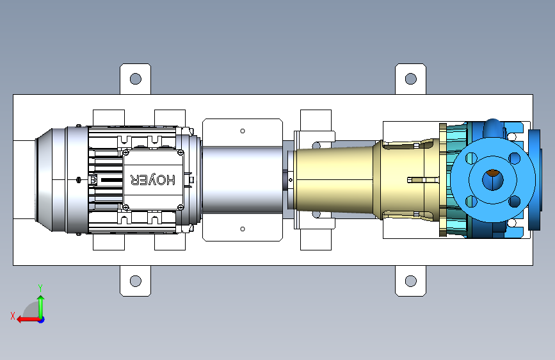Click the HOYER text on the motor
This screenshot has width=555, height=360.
(x=153, y=180)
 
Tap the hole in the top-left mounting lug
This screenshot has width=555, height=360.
(x=136, y=79)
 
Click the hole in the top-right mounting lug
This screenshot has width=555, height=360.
(x=410, y=79)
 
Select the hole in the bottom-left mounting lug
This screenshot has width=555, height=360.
(x=136, y=281)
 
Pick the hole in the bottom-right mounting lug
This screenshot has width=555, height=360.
(x=410, y=281)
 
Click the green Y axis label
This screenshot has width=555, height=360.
(x=40, y=288)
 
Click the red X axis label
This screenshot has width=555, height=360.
(x=13, y=316)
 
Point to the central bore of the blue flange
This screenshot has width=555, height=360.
(x=493, y=179)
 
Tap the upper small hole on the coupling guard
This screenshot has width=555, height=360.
(x=243, y=131)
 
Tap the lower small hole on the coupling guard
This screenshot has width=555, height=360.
(x=243, y=229)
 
